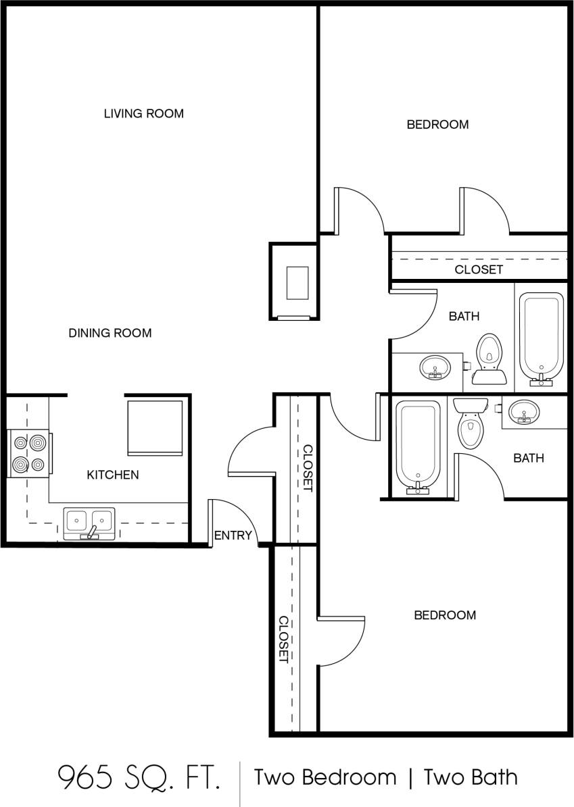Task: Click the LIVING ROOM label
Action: pos(143,113)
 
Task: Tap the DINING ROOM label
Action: pos(110,333)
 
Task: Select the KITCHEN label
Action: pos(113,475)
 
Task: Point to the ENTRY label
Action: pos(233,536)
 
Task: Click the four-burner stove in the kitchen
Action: pos(29,454)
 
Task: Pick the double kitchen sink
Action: pos(89,522)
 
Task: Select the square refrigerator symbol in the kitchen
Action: pos(156,428)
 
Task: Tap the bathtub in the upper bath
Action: pos(541,338)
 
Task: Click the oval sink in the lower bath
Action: pos(523,411)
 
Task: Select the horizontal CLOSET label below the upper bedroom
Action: pos(479,269)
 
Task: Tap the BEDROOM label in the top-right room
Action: pos(437,124)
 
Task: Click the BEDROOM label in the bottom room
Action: pos(445,615)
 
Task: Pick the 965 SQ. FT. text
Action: pos(139,778)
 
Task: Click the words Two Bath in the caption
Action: pos(471,778)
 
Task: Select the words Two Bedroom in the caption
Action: pos(325,778)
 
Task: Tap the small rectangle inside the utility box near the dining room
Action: pos(297,283)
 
